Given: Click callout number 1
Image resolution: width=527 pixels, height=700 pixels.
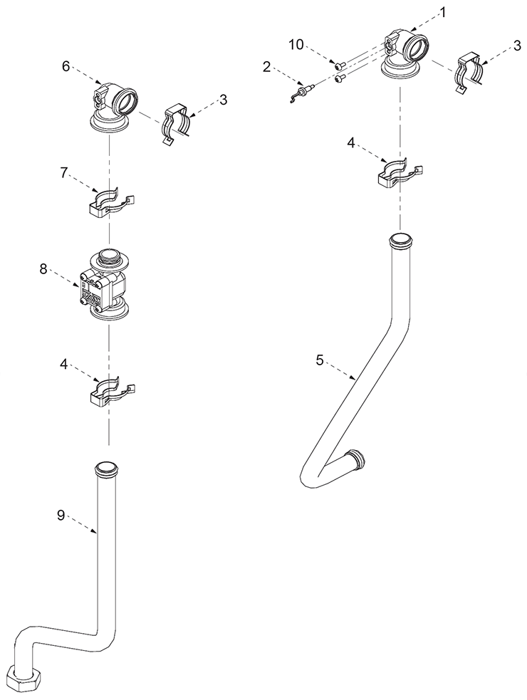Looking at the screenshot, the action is tap(442, 13).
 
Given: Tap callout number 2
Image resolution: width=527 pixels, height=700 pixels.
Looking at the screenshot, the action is tap(266, 68).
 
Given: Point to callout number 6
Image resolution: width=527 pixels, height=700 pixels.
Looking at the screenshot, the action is tap(66, 66).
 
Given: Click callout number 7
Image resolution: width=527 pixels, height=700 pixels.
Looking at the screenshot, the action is tap(64, 173).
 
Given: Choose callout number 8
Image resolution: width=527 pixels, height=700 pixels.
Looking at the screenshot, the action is tap(43, 270).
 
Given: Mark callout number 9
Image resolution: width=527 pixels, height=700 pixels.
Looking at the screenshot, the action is tap(61, 515).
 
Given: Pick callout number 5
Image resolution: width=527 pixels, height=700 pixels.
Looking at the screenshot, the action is tap(319, 360).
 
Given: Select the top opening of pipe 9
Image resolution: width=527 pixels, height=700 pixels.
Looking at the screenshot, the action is tap(108, 468).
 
